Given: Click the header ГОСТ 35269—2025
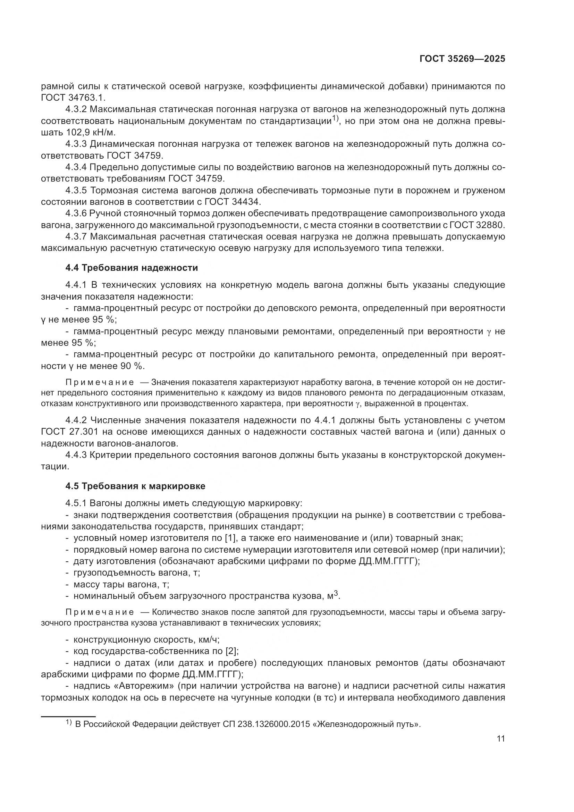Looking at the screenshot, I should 462,59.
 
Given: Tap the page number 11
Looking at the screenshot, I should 500,739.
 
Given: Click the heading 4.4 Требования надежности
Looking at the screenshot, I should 132,268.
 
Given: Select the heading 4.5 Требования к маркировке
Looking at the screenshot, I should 135,486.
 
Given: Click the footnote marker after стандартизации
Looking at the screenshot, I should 336,118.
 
